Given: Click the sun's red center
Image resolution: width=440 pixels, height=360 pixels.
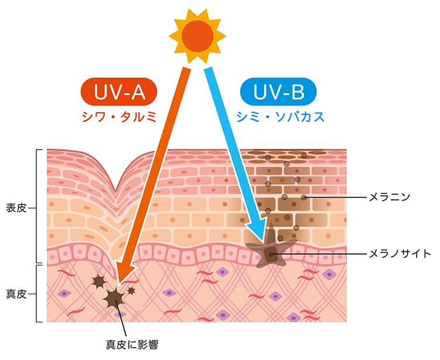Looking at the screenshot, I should [x=197, y=35].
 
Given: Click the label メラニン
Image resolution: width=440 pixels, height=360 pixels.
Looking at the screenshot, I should [x=390, y=196].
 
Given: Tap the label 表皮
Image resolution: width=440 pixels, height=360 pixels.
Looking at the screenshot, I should [x=16, y=207].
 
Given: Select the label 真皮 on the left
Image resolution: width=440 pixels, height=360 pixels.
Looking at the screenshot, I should [x=16, y=293].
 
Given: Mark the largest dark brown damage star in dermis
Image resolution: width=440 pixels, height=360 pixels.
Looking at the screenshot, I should [x=113, y=298].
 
